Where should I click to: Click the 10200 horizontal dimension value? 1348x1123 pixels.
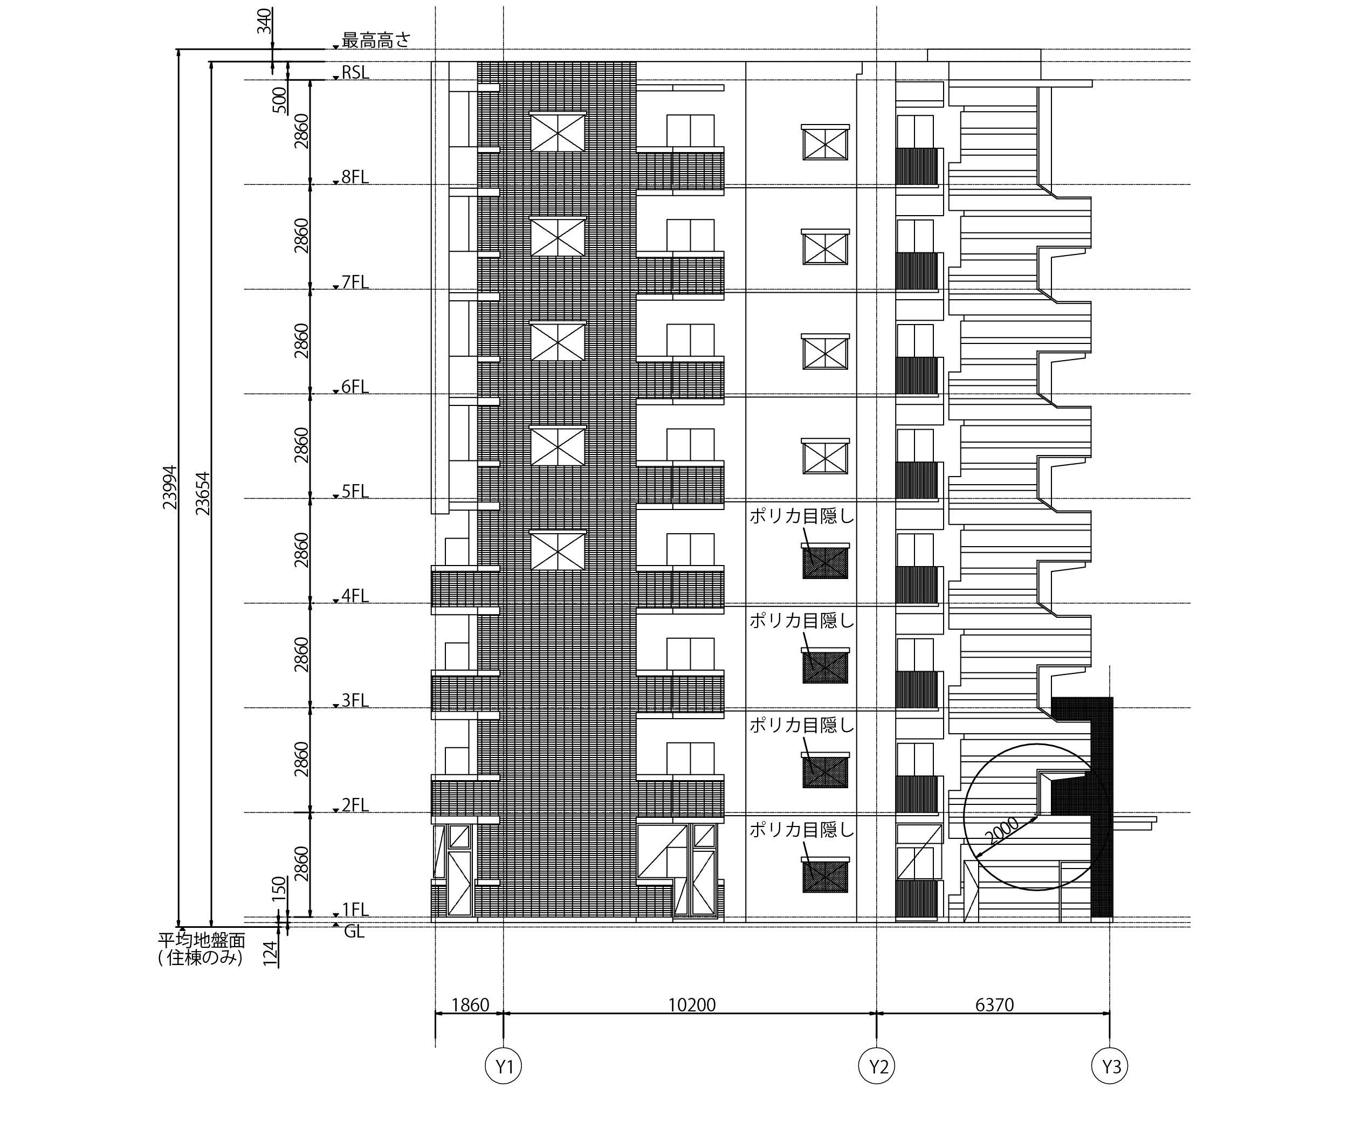(x=691, y=1005)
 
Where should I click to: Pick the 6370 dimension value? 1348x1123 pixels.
(x=994, y=1005)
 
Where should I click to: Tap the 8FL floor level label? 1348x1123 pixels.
(x=355, y=177)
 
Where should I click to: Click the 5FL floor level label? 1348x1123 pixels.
(x=355, y=492)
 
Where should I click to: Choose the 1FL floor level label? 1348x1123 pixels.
(x=355, y=910)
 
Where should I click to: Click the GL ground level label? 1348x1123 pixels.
(x=354, y=931)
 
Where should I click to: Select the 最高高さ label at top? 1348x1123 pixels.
(x=375, y=40)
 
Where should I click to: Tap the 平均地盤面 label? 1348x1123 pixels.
(x=202, y=940)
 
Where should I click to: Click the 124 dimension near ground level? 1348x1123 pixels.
(x=270, y=954)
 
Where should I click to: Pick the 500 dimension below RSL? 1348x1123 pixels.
(x=280, y=100)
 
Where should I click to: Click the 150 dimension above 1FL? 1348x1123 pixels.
(x=279, y=889)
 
